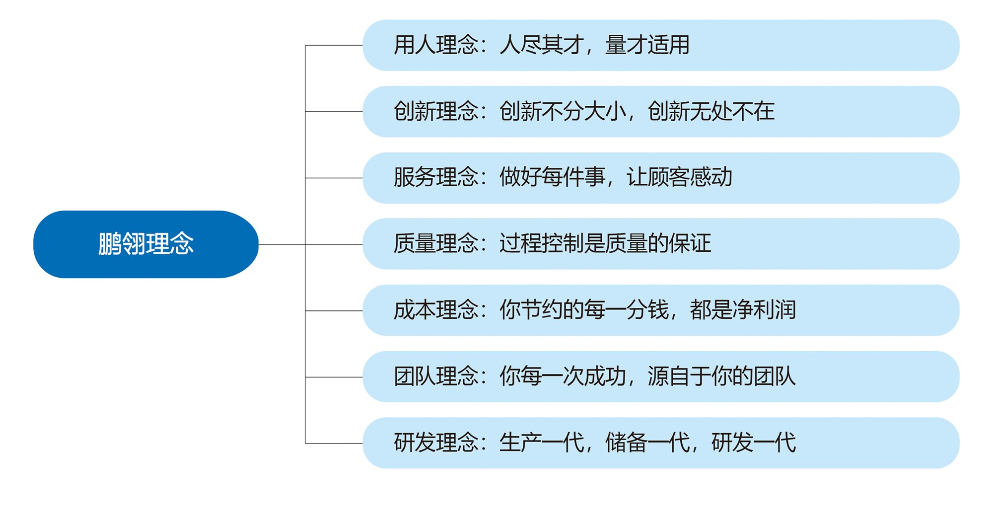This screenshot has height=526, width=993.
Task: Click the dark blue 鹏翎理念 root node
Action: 145,244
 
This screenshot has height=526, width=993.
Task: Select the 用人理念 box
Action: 660,45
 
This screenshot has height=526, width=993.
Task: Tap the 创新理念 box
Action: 660,112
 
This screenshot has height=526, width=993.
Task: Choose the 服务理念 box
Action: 660,178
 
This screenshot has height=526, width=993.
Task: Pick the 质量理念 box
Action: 660,244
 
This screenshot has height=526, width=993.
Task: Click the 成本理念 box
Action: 660,310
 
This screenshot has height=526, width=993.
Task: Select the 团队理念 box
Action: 660,376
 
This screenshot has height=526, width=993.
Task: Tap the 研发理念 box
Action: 660,443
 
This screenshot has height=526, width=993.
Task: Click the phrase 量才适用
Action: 647,45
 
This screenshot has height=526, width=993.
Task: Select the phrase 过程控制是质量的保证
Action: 605,244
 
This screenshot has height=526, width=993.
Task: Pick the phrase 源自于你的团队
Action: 721,376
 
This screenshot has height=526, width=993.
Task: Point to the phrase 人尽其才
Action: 541,45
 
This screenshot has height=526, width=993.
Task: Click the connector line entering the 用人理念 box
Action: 334,45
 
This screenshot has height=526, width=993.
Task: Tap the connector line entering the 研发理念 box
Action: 334,444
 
